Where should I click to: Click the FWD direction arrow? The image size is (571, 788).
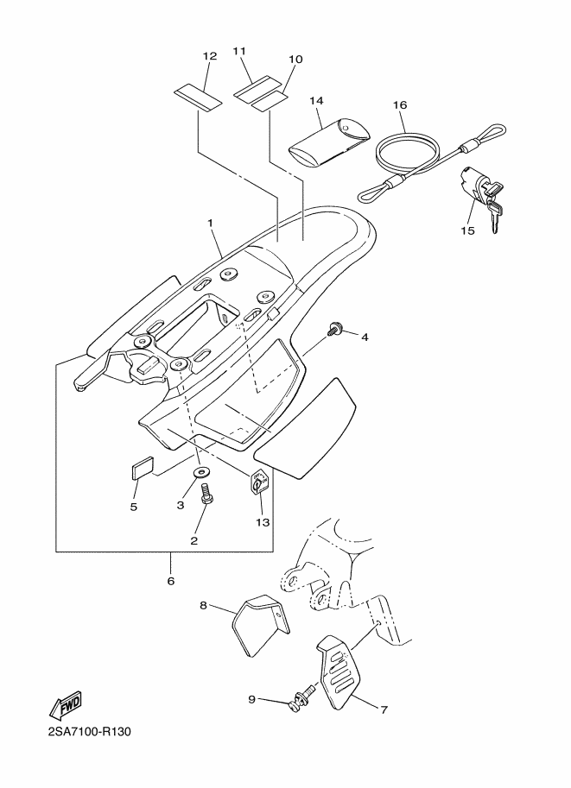[x=65, y=707]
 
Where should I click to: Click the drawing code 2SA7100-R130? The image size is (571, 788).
[x=90, y=732]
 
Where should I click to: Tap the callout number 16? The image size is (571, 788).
[x=400, y=105]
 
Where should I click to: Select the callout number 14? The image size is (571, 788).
[x=316, y=100]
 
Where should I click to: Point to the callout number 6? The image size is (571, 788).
[x=170, y=581]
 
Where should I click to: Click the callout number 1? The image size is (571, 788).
[x=210, y=222]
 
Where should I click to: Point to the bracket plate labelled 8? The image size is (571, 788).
[x=261, y=625]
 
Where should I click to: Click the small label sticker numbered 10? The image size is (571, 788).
[x=268, y=102]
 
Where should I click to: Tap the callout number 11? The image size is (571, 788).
[x=239, y=51]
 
